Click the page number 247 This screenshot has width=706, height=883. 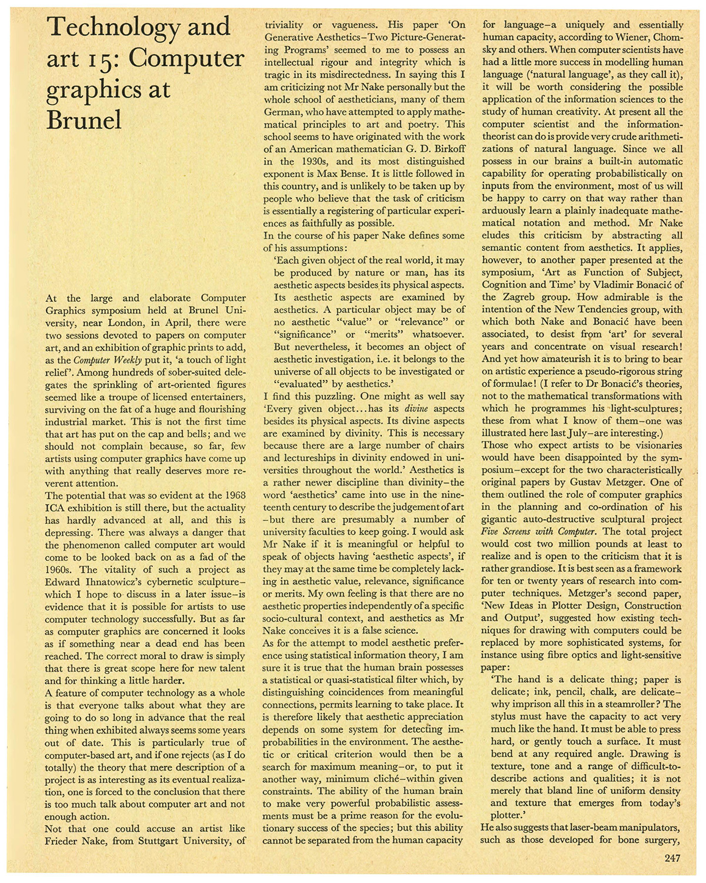[672, 858]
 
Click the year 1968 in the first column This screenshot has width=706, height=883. [234, 496]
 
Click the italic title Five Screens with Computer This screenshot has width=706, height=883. [538, 532]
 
